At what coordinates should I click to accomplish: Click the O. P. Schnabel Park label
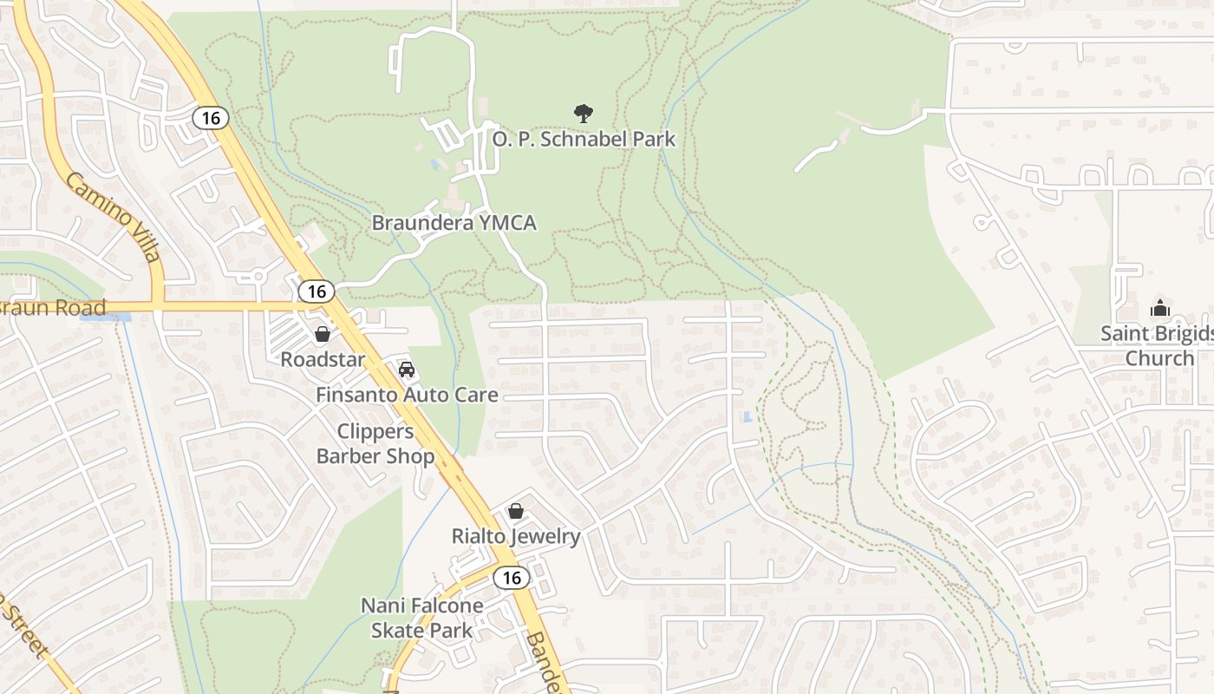coord(584,139)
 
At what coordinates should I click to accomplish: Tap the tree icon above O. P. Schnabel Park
coord(584,112)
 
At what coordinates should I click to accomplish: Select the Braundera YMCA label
coord(454,223)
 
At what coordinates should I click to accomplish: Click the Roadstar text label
coord(323,359)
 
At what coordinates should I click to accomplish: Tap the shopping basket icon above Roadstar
coord(323,334)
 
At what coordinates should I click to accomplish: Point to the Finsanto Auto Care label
coord(407,396)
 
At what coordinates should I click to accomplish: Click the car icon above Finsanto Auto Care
coord(407,370)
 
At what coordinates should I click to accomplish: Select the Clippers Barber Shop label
coord(375,444)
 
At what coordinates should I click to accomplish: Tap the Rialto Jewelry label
coord(516,536)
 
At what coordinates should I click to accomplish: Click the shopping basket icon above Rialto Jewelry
coord(516,511)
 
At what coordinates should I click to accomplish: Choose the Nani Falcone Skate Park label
coord(422,618)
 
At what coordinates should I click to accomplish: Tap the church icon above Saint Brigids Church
coord(1159,308)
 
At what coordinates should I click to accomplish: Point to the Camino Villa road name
coord(113,217)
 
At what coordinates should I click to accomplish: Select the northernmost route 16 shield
coord(210,117)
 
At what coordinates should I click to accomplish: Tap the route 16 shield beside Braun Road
coord(317,291)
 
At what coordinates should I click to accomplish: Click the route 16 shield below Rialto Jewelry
coord(512,577)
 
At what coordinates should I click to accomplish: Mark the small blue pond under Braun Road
coord(105,318)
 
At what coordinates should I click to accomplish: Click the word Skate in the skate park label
coord(398,630)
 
